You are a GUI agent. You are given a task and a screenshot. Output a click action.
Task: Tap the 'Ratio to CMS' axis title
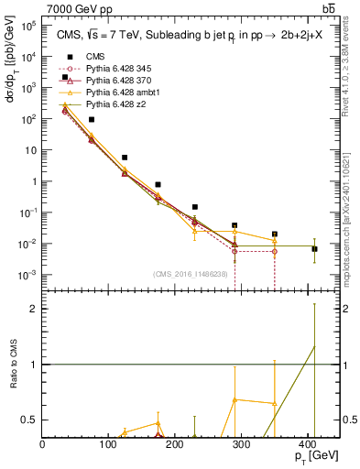[x=12, y=364]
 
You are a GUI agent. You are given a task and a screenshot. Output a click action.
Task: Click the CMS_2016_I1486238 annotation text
[x=191, y=274]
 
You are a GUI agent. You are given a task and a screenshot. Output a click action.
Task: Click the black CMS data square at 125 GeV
[x=125, y=158]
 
